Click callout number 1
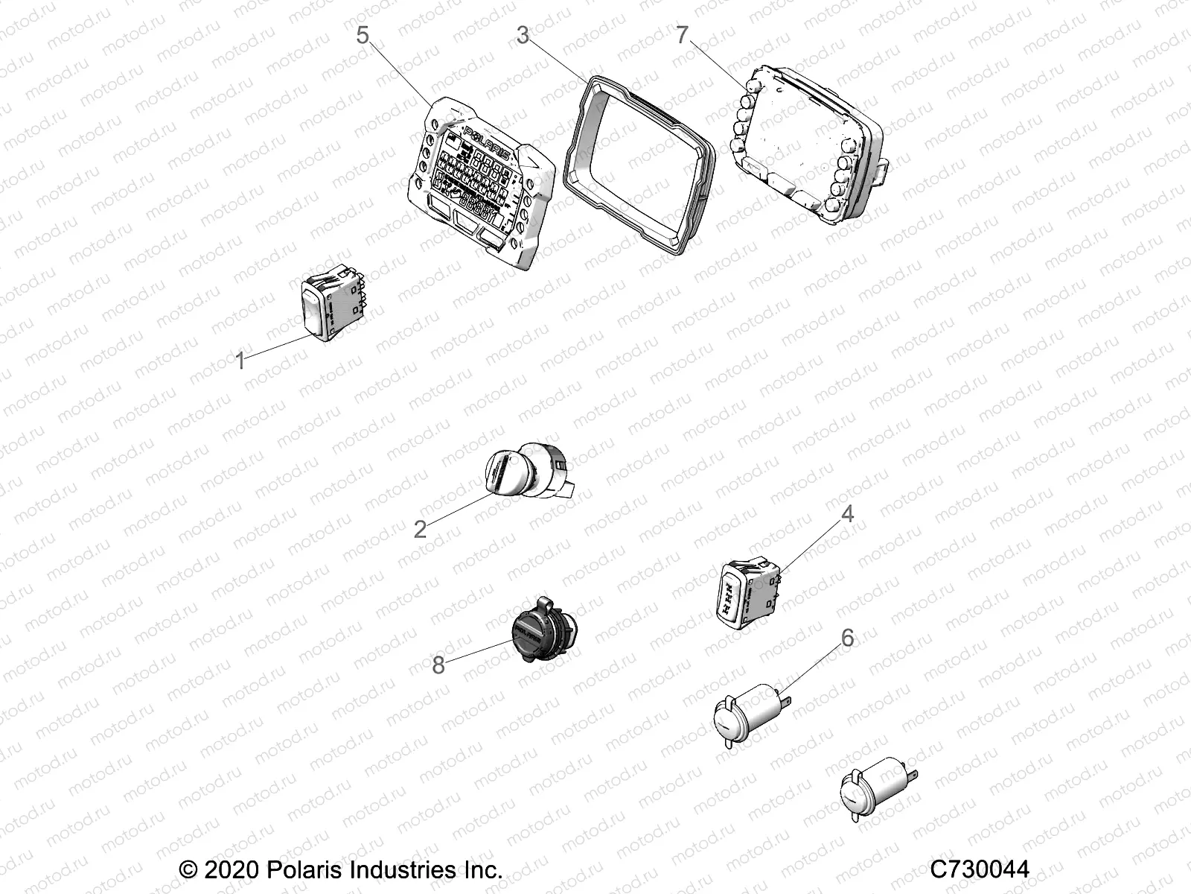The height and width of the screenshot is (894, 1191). [x=240, y=362]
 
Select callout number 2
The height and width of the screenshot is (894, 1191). [x=420, y=530]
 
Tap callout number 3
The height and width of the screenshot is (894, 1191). [x=523, y=35]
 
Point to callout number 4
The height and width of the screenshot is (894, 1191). [x=847, y=514]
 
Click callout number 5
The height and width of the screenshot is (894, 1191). [x=363, y=35]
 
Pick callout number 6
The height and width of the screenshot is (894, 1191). [x=847, y=638]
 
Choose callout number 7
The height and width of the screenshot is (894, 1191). [x=683, y=35]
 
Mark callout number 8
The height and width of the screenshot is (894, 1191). [x=438, y=665]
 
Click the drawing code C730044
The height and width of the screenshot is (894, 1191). [x=980, y=869]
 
